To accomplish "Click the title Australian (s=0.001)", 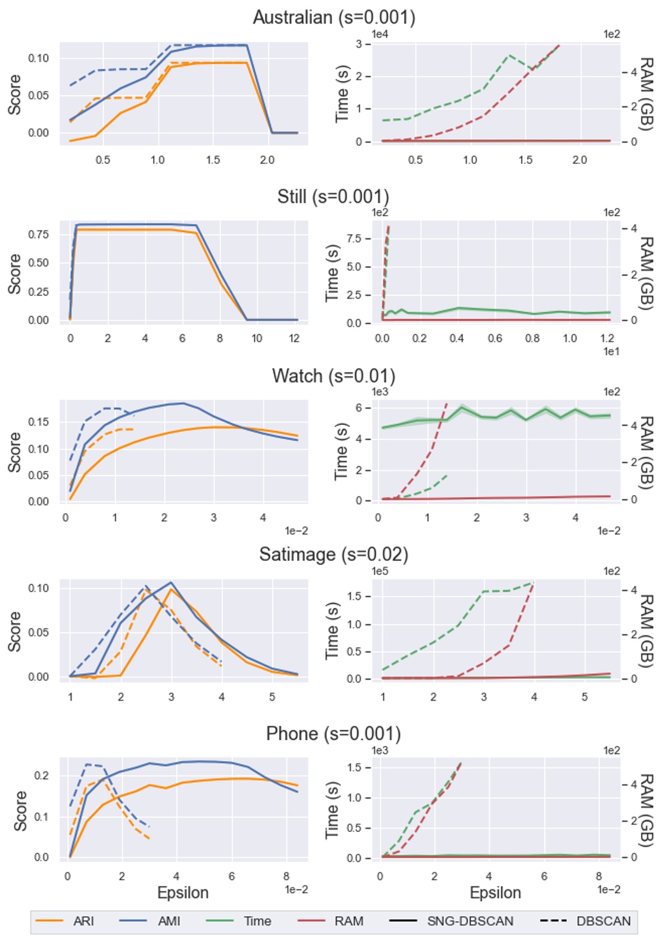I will tap(334, 17).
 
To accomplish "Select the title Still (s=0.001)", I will tap(333, 197).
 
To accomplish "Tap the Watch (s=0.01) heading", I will tap(333, 376).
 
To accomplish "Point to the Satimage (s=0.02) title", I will tap(333, 554).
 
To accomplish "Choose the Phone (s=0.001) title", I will tap(333, 734).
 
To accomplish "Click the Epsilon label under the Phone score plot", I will tap(183, 893).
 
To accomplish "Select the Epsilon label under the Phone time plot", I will tap(495, 893).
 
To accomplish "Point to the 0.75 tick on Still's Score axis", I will tap(38, 234).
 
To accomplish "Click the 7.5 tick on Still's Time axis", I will tap(354, 238).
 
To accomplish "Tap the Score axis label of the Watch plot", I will tap(14, 452).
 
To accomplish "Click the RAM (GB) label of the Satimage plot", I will tap(646, 631).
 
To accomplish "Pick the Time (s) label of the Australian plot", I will tap(342, 93).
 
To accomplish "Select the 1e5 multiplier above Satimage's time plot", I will tap(379, 571).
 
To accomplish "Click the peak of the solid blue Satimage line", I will tap(171, 583).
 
